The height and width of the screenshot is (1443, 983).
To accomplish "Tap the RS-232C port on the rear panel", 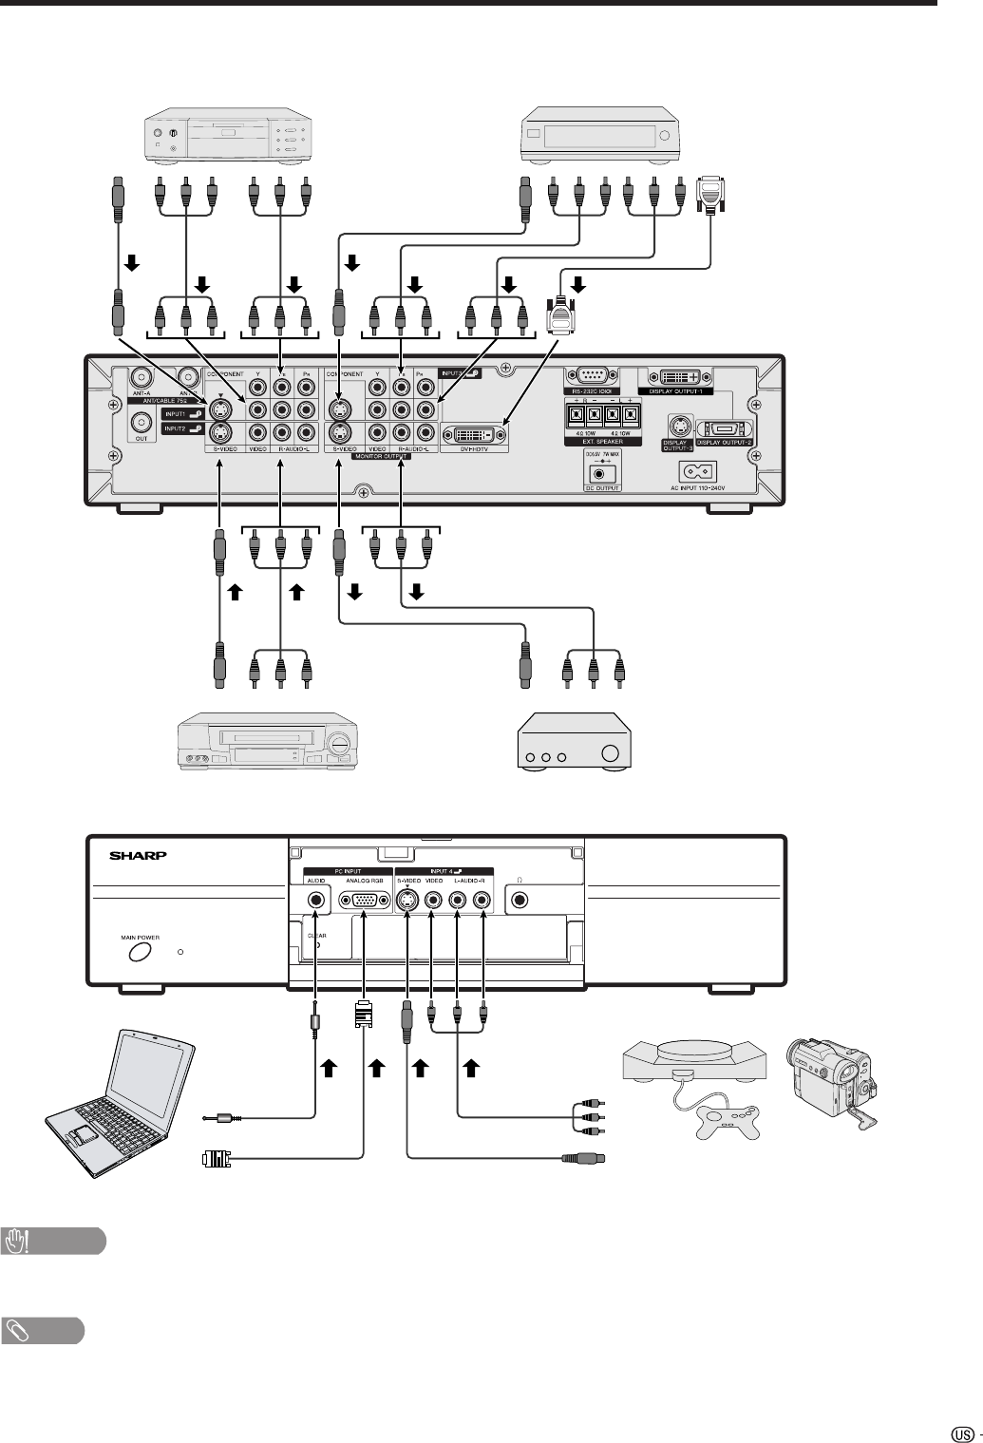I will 591,376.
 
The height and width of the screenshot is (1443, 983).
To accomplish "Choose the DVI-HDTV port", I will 474,434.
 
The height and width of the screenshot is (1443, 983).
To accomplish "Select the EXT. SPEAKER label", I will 604,443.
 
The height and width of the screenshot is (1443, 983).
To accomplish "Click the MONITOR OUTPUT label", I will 381,456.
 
